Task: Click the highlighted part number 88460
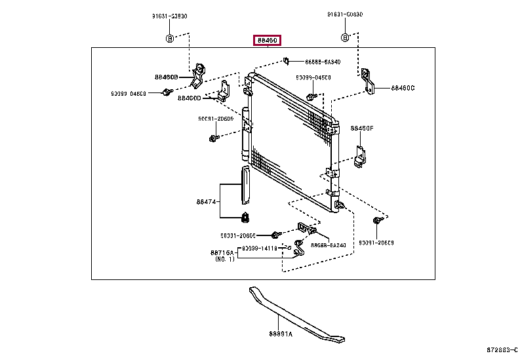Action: click(x=268, y=41)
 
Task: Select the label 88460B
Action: click(x=167, y=77)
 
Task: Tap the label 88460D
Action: click(x=188, y=98)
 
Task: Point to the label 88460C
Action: click(x=403, y=87)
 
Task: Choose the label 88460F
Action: click(x=361, y=129)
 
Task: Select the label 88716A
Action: click(x=223, y=252)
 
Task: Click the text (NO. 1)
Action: click(x=224, y=260)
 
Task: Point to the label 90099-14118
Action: click(x=258, y=249)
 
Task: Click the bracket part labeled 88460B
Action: click(x=197, y=77)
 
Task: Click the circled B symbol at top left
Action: click(x=169, y=37)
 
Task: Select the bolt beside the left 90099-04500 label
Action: click(x=165, y=94)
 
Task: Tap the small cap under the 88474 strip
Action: click(x=247, y=218)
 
